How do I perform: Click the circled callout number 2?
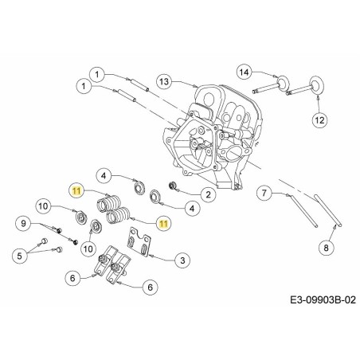click(205, 193)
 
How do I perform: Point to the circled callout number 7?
click(264, 193)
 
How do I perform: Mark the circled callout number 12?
click(319, 120)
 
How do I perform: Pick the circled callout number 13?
click(163, 81)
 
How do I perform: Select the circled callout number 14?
click(245, 72)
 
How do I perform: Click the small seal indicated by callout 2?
click(171, 187)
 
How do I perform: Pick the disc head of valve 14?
click(280, 81)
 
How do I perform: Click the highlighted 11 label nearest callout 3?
click(162, 224)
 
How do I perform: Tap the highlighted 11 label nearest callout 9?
click(76, 190)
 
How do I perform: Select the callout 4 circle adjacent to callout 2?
click(190, 209)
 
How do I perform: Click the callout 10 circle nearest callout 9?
click(45, 206)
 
